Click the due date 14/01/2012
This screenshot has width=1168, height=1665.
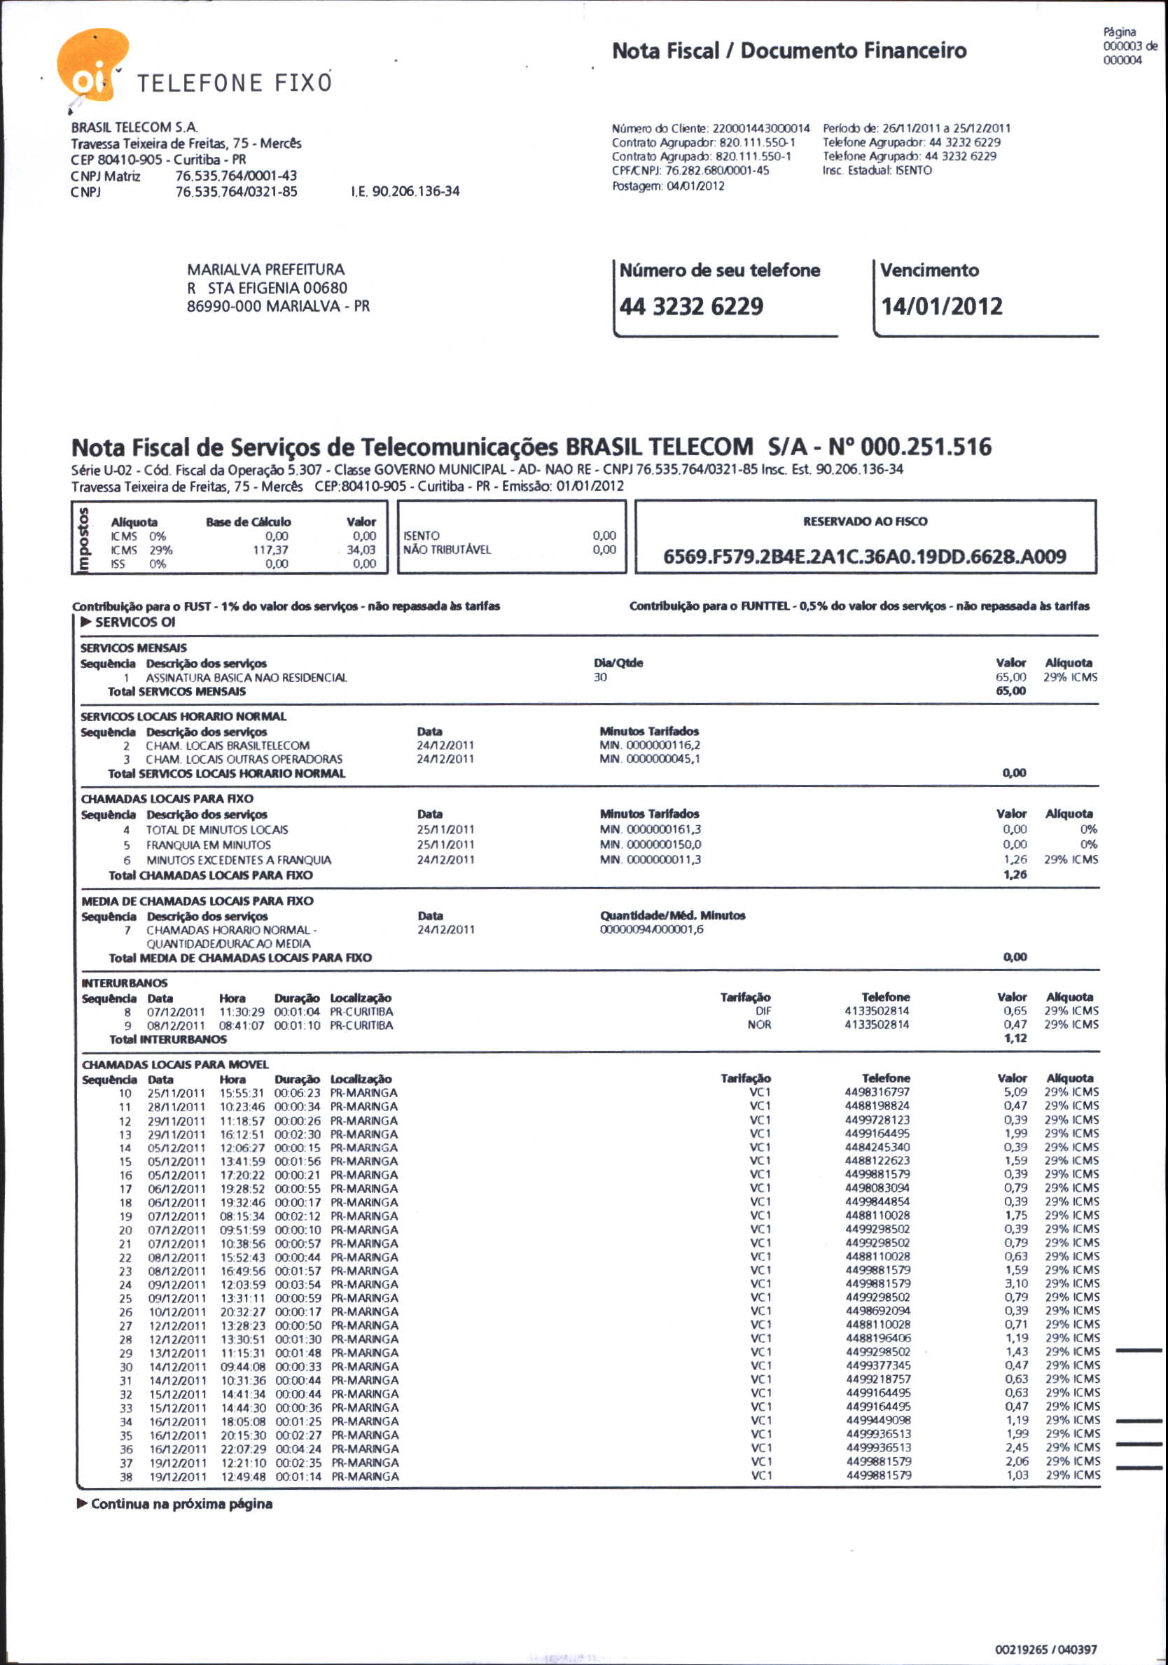(x=941, y=306)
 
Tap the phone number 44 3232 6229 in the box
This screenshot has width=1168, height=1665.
(x=690, y=306)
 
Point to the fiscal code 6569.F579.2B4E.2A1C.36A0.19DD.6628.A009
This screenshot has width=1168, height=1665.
(x=864, y=556)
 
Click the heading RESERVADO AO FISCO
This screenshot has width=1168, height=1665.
(x=864, y=522)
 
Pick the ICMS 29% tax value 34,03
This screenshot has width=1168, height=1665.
(x=361, y=550)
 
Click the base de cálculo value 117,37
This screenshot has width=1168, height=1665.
(x=270, y=550)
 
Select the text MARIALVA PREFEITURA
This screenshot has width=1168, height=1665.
(x=265, y=269)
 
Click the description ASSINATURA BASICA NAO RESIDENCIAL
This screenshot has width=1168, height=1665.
(x=246, y=677)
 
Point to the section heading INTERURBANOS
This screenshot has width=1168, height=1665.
(x=124, y=982)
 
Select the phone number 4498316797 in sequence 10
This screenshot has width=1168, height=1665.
(x=877, y=1092)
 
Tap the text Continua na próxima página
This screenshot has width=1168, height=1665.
(x=181, y=1504)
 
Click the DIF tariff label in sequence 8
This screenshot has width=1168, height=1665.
(x=763, y=1011)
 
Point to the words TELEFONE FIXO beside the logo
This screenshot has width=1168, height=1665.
(x=234, y=83)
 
